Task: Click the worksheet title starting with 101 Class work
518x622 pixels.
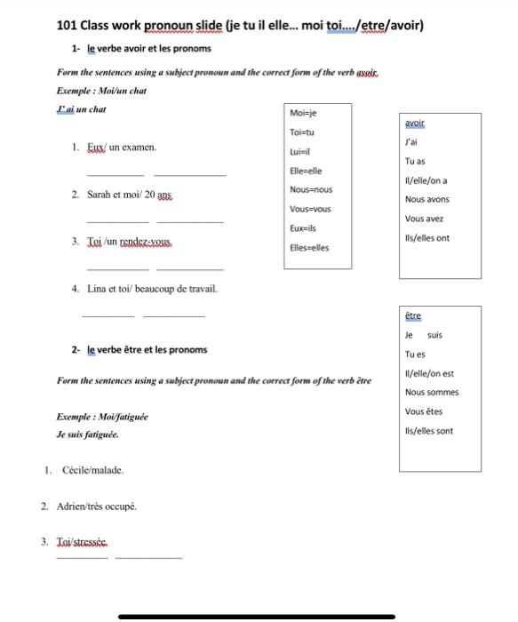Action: click(240, 25)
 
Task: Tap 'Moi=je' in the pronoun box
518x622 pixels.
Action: click(303, 113)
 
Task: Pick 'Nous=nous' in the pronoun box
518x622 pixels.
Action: click(311, 190)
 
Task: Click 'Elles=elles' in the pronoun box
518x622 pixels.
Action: click(309, 248)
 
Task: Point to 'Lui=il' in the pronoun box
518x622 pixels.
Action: click(299, 152)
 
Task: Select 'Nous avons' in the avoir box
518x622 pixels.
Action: click(426, 200)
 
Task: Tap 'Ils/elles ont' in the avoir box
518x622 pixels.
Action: click(426, 238)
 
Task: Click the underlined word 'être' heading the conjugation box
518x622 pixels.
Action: click(413, 315)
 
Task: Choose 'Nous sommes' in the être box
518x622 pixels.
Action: click(432, 393)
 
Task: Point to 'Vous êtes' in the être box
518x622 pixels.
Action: click(424, 412)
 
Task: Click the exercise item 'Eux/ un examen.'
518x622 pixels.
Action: click(122, 147)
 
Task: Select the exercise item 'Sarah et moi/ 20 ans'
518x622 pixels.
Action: click(130, 194)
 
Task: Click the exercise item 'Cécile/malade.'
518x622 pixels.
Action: click(92, 470)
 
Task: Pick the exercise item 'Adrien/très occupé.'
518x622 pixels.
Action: click(97, 506)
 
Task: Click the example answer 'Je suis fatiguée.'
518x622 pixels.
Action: click(87, 435)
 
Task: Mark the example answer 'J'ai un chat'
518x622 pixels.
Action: click(81, 109)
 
